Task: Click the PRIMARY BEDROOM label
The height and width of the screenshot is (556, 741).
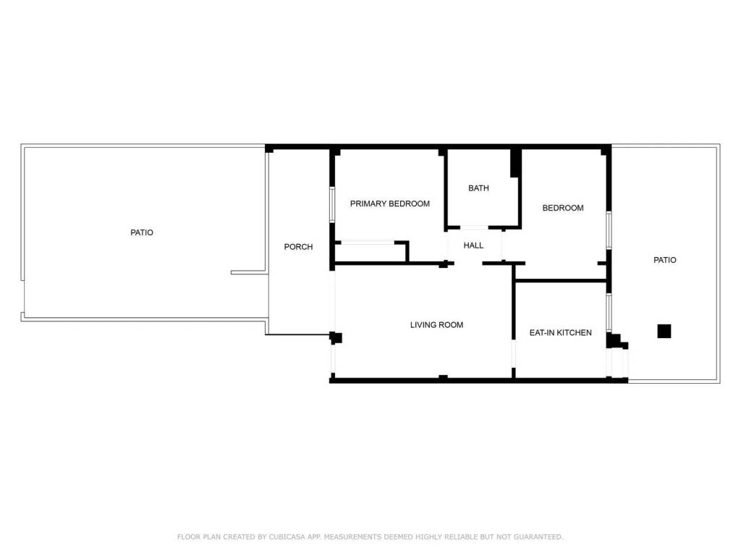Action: tap(390, 203)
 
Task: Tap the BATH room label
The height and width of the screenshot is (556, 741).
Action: tap(478, 188)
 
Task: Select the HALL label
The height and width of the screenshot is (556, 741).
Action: tap(473, 245)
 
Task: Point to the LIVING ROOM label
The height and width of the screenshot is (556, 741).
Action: tap(436, 325)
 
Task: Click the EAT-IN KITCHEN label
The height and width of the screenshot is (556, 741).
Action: tap(561, 333)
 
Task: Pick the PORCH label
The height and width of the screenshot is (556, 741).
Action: tap(298, 247)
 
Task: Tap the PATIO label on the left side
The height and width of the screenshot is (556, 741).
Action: tap(142, 232)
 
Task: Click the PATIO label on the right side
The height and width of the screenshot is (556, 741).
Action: tap(664, 260)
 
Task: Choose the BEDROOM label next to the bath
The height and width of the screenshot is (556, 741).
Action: tap(563, 208)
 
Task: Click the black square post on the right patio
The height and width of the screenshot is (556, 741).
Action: tap(664, 331)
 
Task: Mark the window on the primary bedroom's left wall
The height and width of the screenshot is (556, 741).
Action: tap(332, 204)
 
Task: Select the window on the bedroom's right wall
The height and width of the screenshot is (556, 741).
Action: tap(609, 229)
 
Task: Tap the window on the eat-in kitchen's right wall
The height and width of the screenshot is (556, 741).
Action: tap(609, 313)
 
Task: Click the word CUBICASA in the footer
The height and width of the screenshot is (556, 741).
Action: tap(287, 536)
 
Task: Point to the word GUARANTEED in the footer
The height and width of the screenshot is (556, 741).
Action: tap(538, 536)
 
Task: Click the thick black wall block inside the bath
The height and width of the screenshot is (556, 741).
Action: tap(515, 163)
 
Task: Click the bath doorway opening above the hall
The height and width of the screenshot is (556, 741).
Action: tap(474, 227)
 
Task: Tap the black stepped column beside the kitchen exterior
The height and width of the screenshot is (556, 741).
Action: tap(617, 342)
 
